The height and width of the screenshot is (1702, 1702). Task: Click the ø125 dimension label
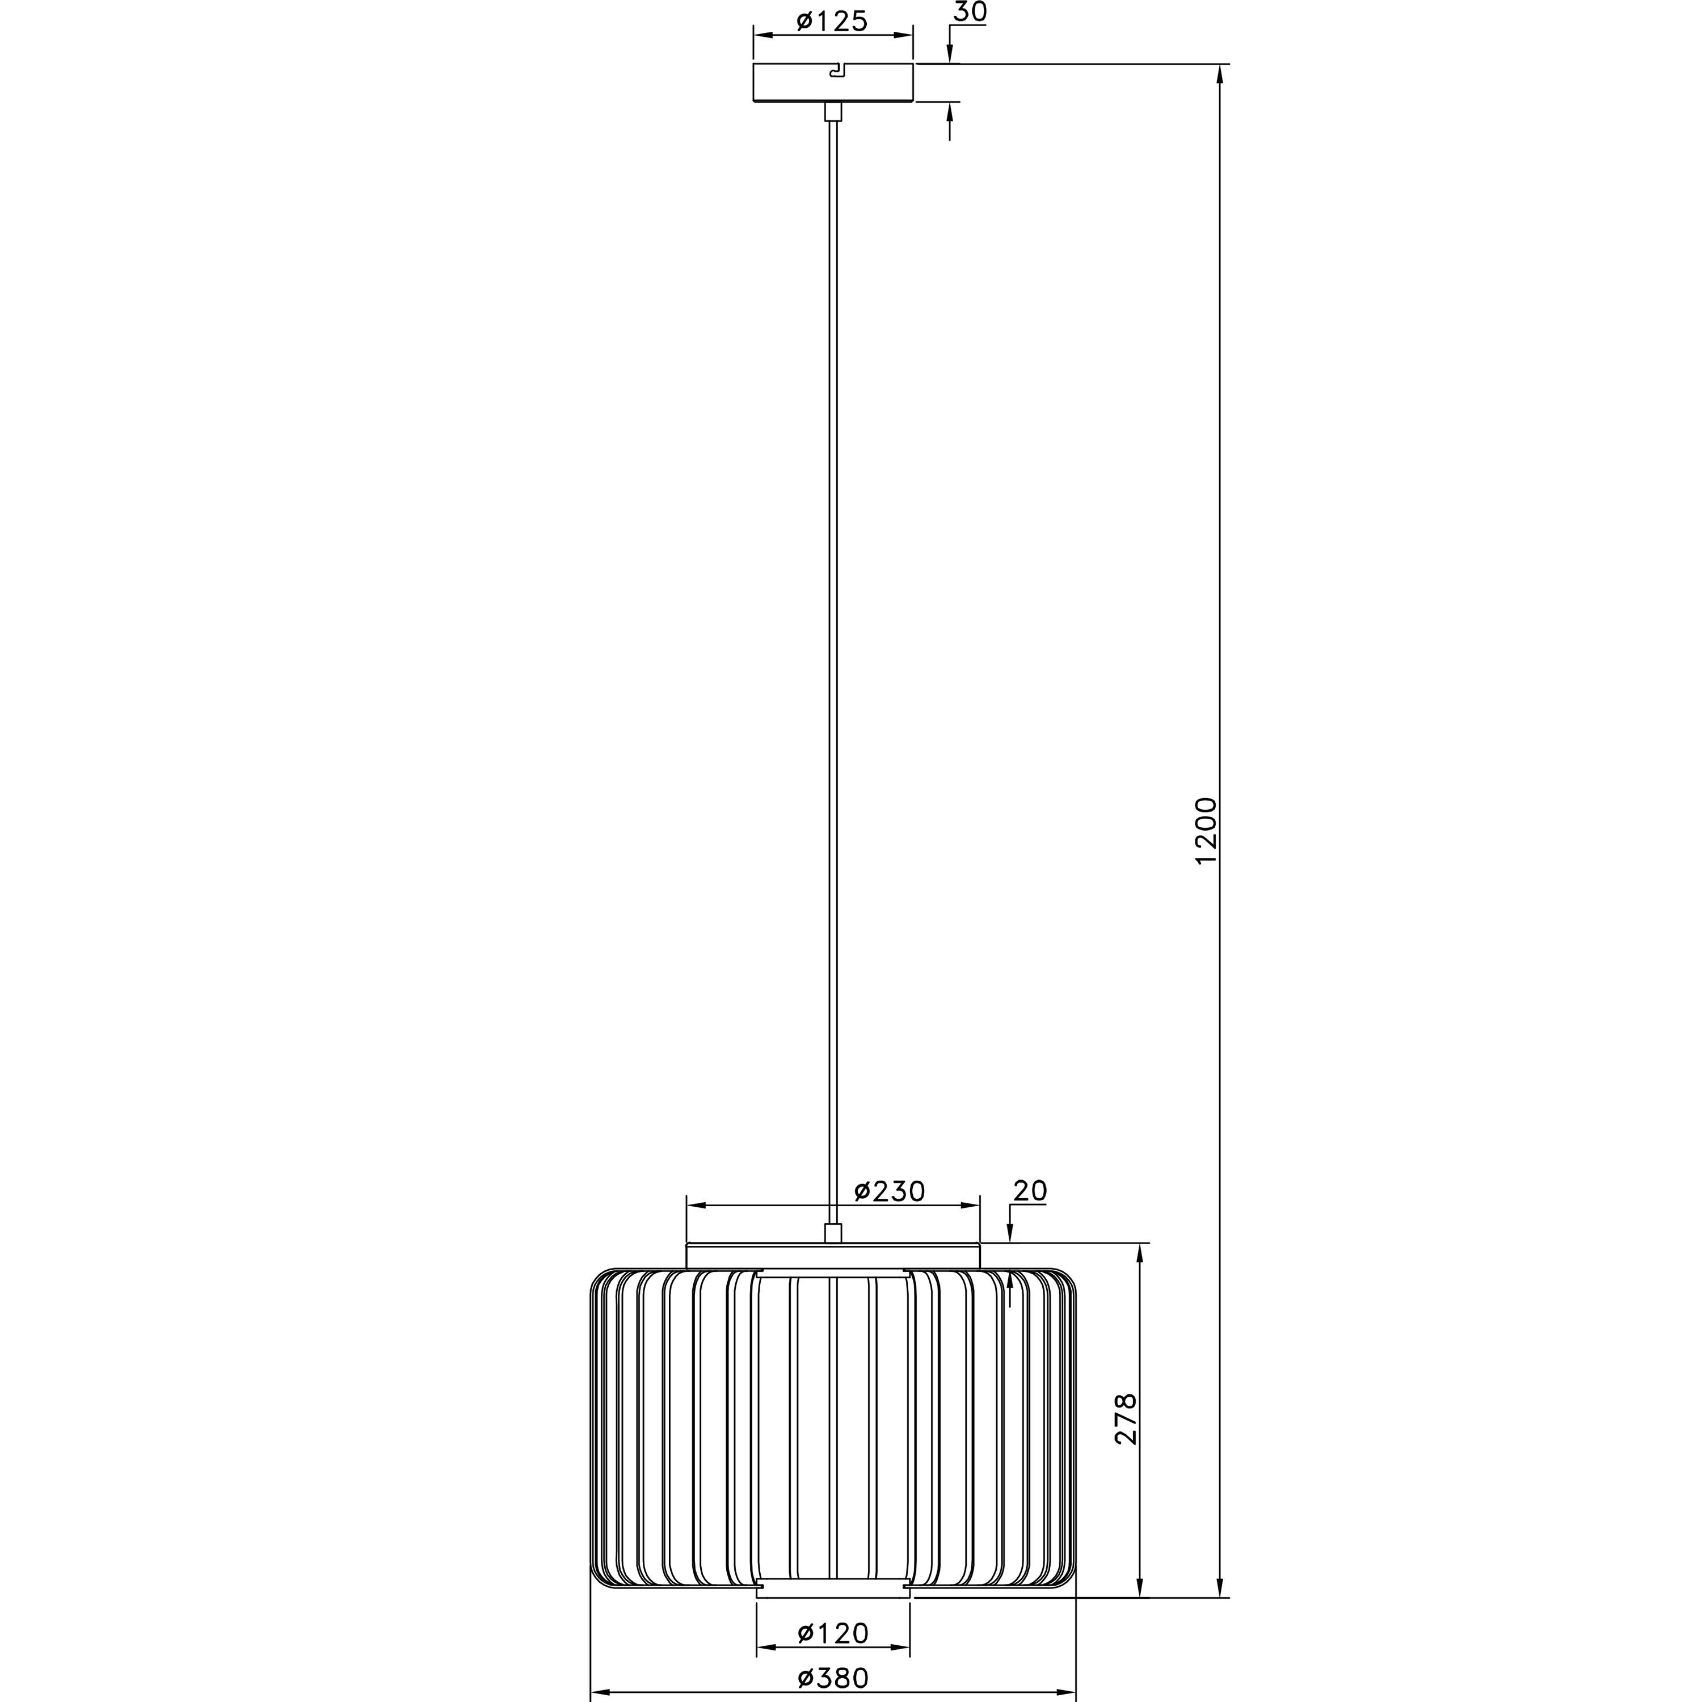[832, 20]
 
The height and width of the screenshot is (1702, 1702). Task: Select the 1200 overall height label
[1205, 831]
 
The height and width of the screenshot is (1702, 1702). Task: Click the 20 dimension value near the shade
[1030, 1191]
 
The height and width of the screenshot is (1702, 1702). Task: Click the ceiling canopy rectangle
[832, 82]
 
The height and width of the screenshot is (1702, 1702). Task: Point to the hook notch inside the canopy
[838, 70]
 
